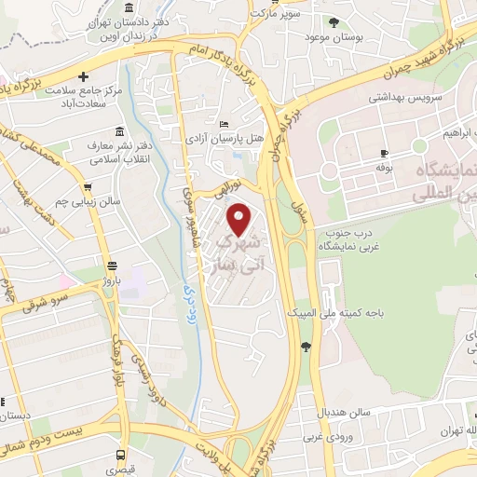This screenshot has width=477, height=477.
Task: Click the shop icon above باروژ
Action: (112, 264)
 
